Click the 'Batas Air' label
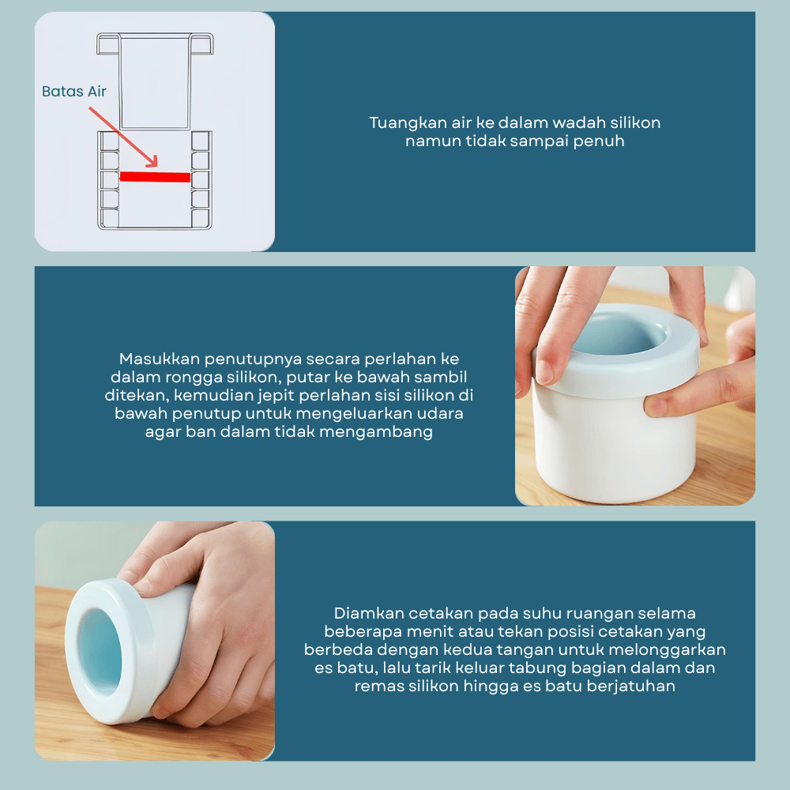(x=74, y=91)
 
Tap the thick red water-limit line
(x=155, y=177)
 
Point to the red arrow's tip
(x=156, y=166)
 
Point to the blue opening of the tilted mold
(x=100, y=652)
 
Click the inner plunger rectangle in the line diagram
(x=155, y=81)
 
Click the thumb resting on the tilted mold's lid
(x=151, y=574)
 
